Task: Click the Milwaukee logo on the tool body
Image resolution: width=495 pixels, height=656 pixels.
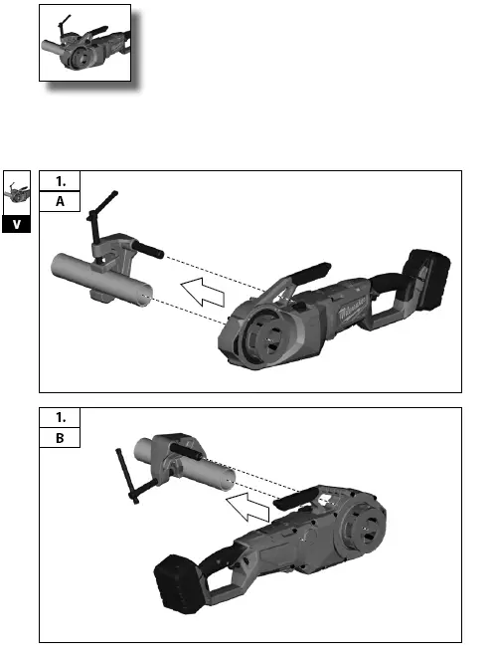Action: point(352,312)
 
